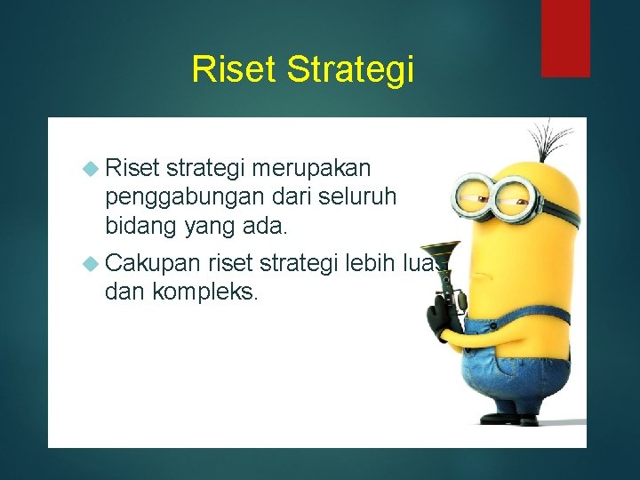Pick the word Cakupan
pos(152,262)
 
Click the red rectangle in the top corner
pos(565,37)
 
